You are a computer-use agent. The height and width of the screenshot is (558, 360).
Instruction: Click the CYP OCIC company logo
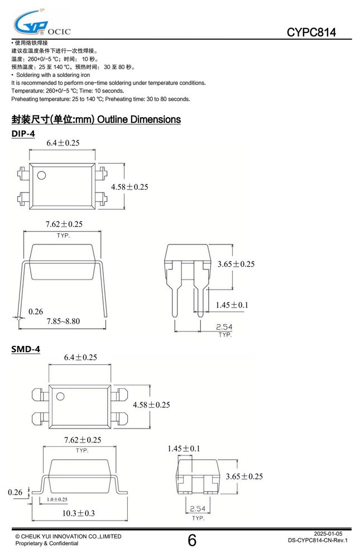click(x=42, y=23)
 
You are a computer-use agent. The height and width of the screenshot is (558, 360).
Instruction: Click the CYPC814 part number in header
click(x=311, y=32)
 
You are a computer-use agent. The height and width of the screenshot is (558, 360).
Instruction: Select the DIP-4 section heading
click(x=23, y=134)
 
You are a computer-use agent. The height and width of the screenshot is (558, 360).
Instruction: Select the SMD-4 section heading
click(x=26, y=349)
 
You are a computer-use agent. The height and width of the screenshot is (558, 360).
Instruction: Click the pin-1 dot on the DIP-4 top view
click(x=42, y=175)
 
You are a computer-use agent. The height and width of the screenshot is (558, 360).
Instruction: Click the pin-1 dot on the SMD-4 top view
click(x=60, y=396)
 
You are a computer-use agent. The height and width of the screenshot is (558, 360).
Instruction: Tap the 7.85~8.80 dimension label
click(x=63, y=321)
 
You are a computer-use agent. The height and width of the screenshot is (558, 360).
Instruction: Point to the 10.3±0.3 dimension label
click(x=78, y=513)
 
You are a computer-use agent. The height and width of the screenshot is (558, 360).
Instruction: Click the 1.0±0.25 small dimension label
click(x=57, y=499)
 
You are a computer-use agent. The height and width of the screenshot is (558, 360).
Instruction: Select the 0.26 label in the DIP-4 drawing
click(x=36, y=312)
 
